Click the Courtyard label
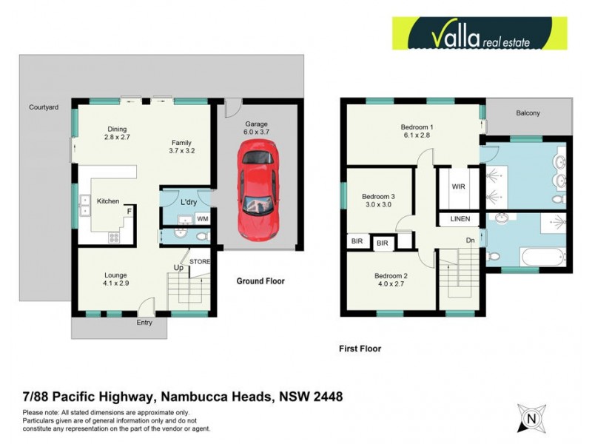(44, 107)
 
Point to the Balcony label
(528, 113)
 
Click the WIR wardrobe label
(459, 187)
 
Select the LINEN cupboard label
(460, 220)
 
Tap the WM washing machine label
(202, 218)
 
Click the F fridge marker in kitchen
(129, 212)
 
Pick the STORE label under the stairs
(200, 261)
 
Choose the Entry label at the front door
(144, 323)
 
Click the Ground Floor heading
(260, 281)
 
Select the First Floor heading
(360, 348)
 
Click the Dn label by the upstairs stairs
(470, 240)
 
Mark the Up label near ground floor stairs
(178, 267)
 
